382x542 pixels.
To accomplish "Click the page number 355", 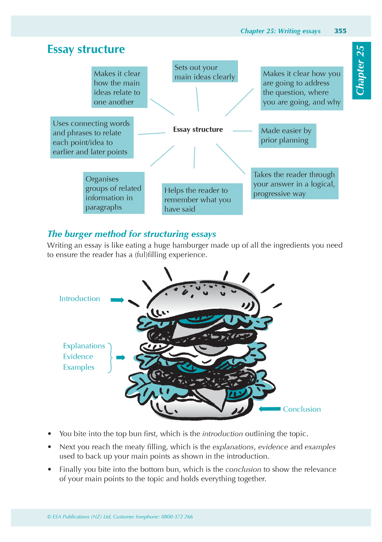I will pyautogui.click(x=340, y=31).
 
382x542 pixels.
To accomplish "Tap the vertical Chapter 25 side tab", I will pyautogui.click(x=361, y=70).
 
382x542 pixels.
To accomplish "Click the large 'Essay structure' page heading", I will pyautogui.click(x=86, y=49).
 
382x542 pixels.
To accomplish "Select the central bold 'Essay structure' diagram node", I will pyautogui.click(x=198, y=129).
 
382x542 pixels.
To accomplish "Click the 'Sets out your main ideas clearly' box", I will pyautogui.click(x=205, y=71).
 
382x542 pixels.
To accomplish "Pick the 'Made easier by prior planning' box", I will pyautogui.click(x=287, y=136).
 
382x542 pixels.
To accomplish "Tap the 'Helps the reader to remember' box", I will pyautogui.click(x=202, y=199).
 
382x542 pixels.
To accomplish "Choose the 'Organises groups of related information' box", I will pyautogui.click(x=114, y=193).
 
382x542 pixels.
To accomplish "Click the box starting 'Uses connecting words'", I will pyautogui.click(x=92, y=137).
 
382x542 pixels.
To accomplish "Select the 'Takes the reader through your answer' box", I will pyautogui.click(x=294, y=183).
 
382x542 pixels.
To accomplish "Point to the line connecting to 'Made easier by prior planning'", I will pyautogui.click(x=242, y=131).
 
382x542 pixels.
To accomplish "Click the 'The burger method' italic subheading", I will pyautogui.click(x=132, y=234).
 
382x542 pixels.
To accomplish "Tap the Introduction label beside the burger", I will pyautogui.click(x=80, y=299).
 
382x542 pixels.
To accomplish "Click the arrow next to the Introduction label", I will pyautogui.click(x=117, y=300).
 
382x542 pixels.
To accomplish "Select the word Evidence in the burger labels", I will pyautogui.click(x=78, y=357).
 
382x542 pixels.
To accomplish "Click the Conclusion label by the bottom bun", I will pyautogui.click(x=302, y=409).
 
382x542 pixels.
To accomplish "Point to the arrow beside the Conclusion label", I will pyautogui.click(x=269, y=409).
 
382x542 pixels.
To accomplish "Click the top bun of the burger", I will pyautogui.click(x=202, y=297).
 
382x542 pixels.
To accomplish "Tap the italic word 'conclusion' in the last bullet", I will pyautogui.click(x=243, y=469).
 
